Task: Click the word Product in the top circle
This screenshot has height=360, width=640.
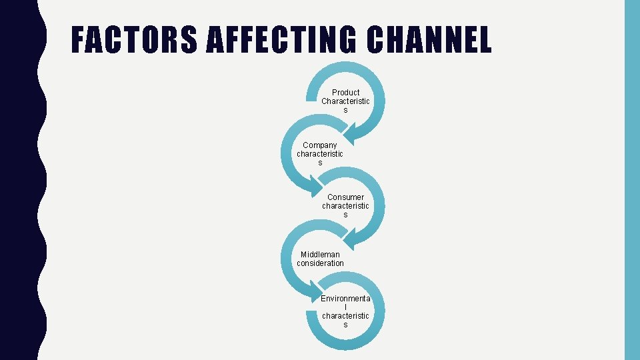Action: coord(345,92)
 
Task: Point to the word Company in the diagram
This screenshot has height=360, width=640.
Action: coord(320,145)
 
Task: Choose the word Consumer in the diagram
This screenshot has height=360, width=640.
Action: coord(345,197)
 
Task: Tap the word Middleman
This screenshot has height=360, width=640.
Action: coord(320,254)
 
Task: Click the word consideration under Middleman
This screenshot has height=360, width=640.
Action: coord(320,263)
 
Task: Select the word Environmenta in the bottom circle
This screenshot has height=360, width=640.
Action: coord(345,298)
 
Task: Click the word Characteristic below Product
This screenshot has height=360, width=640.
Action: coord(345,101)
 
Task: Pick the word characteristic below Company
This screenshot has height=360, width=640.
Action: coord(320,154)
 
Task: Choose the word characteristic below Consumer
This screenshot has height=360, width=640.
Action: coord(345,206)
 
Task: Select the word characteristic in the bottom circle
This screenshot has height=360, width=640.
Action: coord(345,315)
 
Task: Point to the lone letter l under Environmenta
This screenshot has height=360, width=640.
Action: coord(345,307)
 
